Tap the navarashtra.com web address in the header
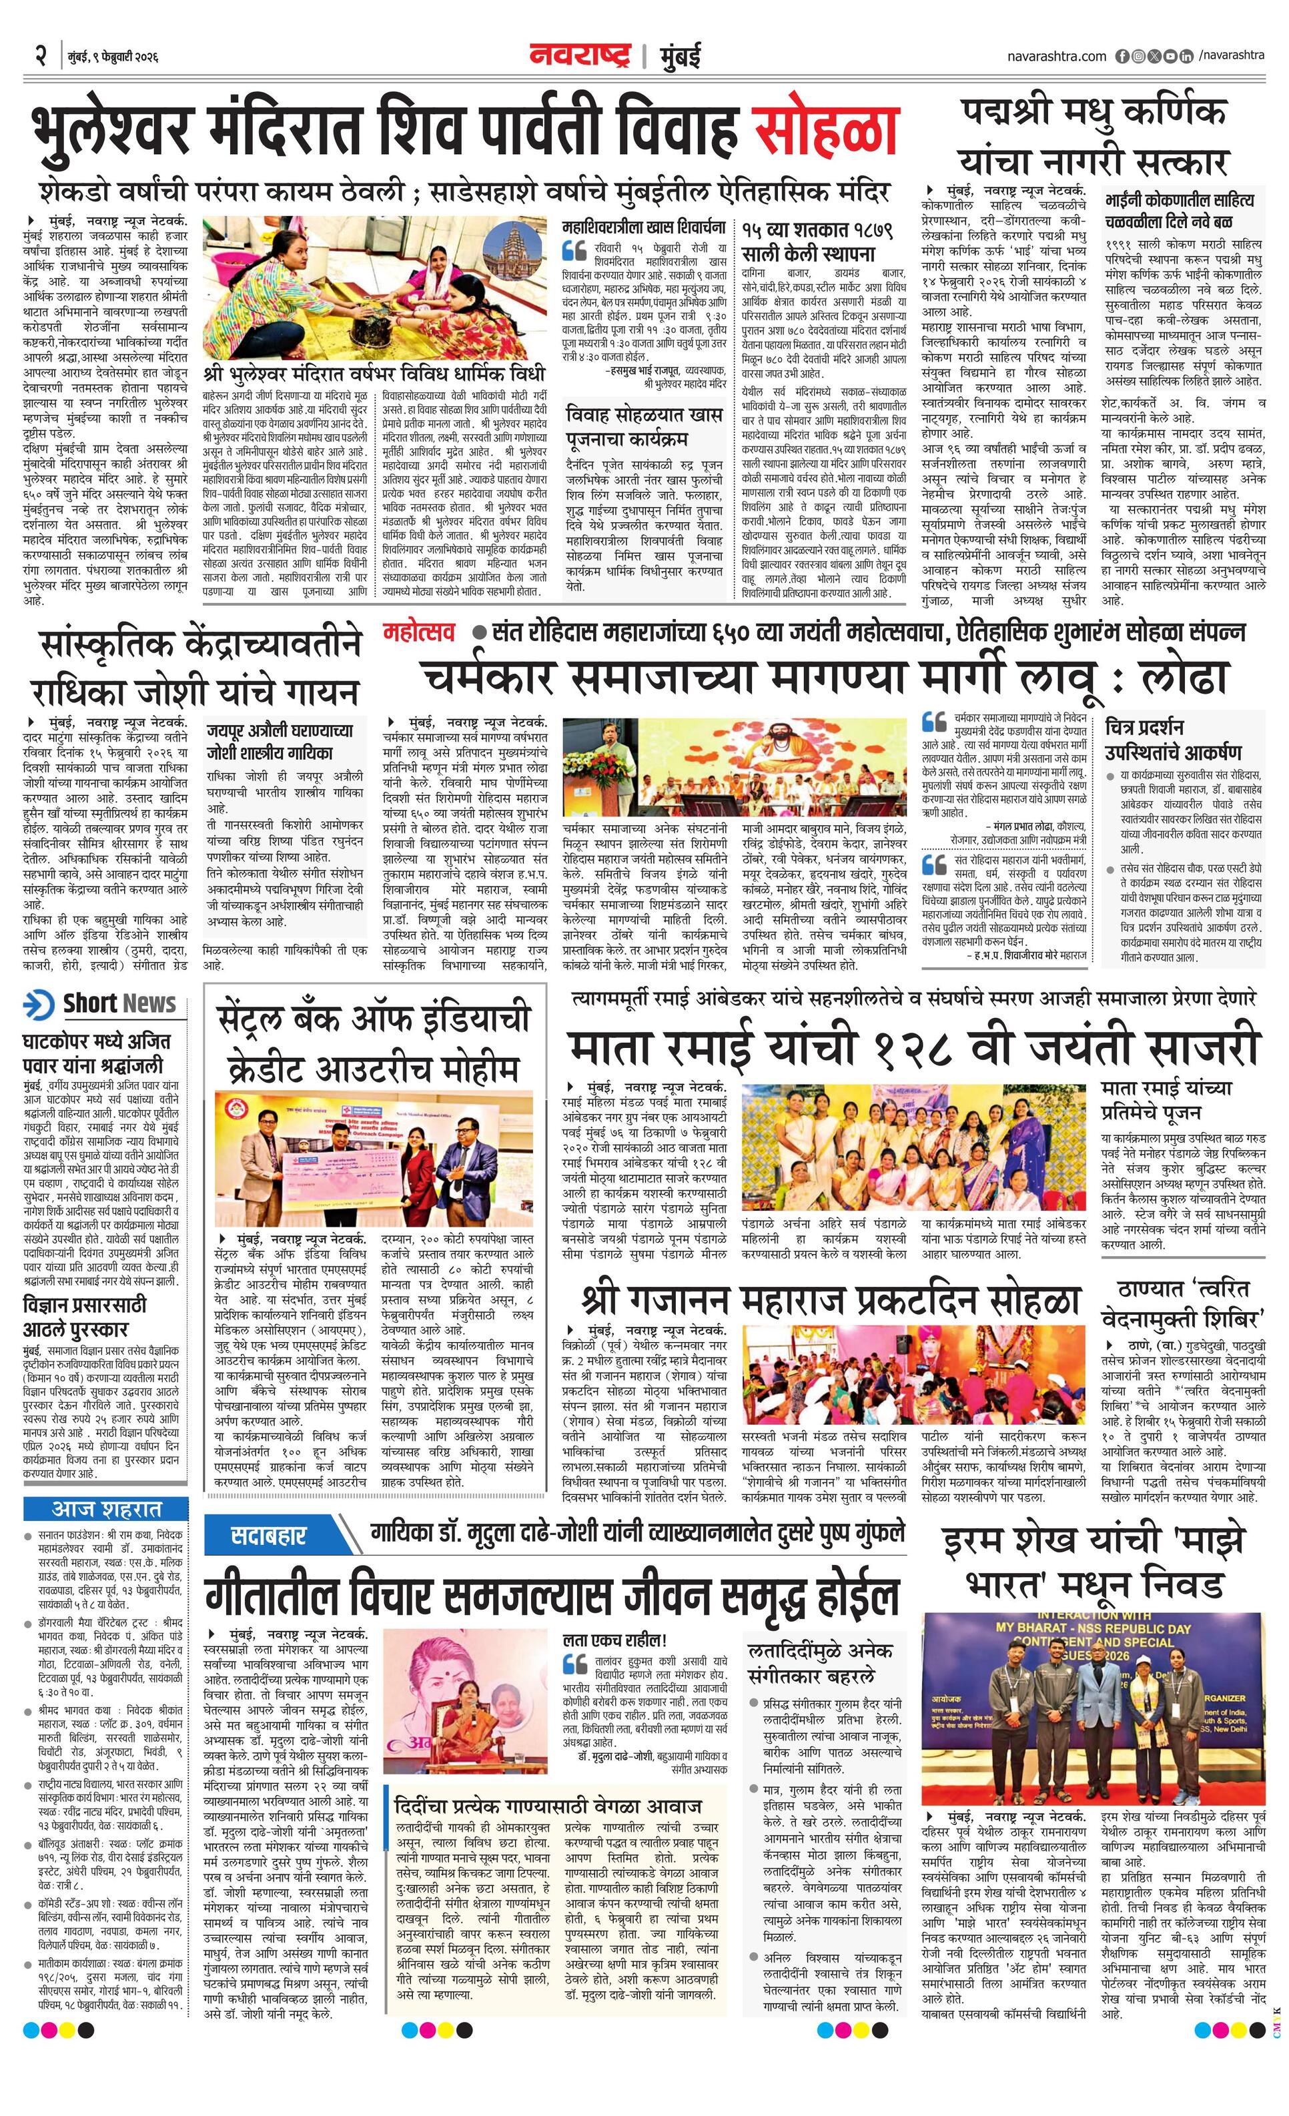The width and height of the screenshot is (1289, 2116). coord(1056,56)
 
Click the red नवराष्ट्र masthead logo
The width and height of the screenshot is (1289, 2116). coord(580,55)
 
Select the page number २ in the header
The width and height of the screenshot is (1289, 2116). coord(40,56)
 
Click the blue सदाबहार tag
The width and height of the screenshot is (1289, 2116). coord(269,1534)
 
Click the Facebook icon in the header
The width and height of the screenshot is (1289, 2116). coord(1122,56)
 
